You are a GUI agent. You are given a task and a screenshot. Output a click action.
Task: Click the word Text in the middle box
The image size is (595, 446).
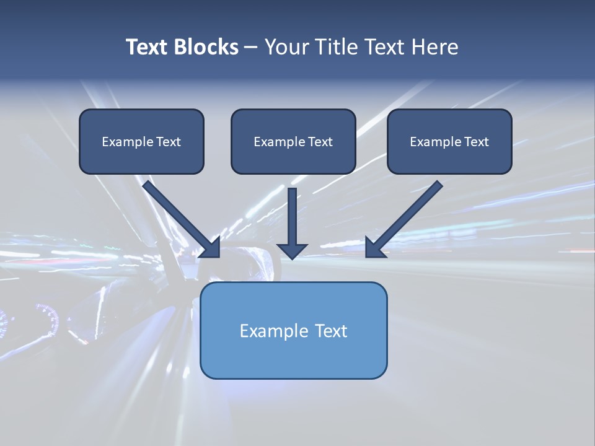coord(320,142)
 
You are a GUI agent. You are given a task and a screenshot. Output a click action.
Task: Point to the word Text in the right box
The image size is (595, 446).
coord(476,142)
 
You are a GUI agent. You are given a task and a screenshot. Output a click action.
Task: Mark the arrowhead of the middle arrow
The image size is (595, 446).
coord(292,250)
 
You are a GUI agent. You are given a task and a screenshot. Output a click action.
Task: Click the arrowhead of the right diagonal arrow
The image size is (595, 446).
coord(374,248)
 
